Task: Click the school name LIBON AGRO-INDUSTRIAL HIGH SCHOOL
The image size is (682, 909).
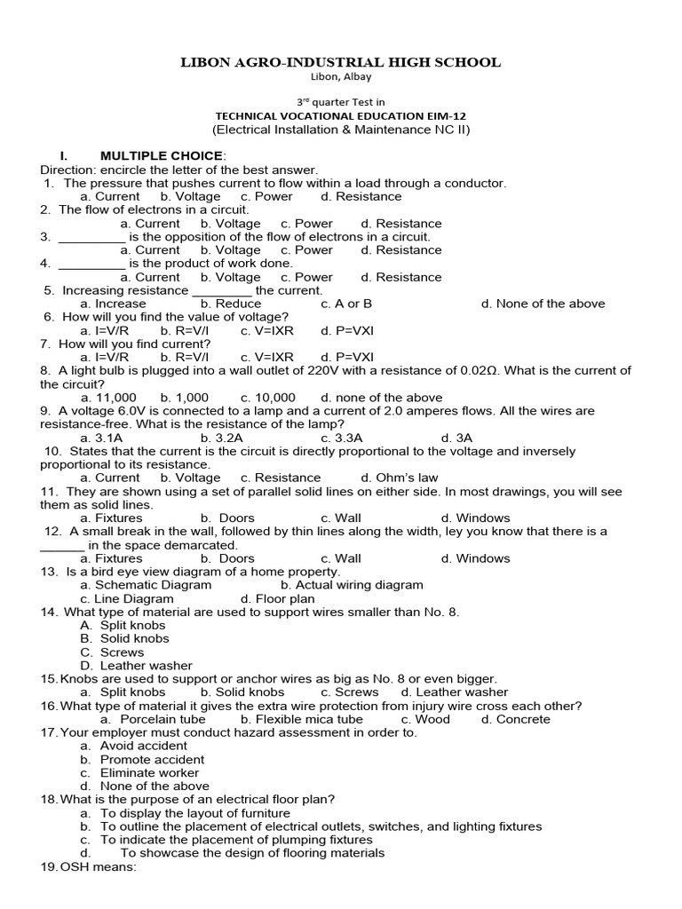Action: coord(341,62)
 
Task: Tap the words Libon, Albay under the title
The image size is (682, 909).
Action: coord(341,76)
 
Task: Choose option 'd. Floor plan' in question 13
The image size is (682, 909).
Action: coord(278,599)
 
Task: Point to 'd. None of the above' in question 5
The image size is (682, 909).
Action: coord(543,304)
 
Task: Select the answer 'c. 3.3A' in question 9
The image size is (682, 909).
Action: coord(342,438)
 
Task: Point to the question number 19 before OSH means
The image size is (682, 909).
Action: coord(49,867)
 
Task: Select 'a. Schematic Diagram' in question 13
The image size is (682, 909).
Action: coord(146,585)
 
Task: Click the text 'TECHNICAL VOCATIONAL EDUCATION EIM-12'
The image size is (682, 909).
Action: coord(341,116)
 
